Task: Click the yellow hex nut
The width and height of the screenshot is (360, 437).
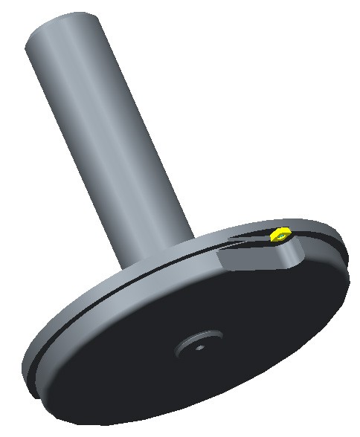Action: pyautogui.click(x=280, y=236)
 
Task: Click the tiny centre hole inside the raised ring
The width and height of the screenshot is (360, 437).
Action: pyautogui.click(x=199, y=345)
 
